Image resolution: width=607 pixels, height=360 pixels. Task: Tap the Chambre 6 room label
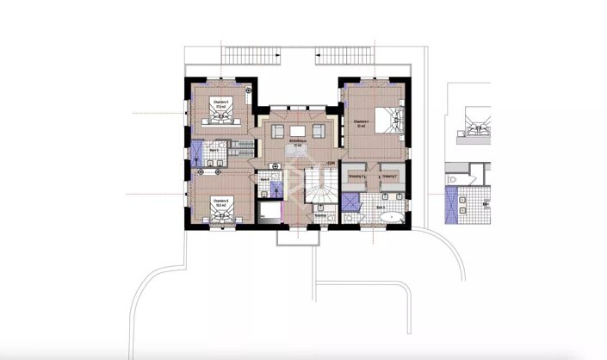click(x=220, y=202)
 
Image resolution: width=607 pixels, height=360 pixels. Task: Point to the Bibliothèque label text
click(x=297, y=141)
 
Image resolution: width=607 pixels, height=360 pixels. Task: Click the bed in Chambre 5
click(x=222, y=116)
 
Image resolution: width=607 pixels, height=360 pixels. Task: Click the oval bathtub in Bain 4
click(x=392, y=217)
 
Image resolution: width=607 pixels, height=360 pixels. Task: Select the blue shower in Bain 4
click(x=350, y=200)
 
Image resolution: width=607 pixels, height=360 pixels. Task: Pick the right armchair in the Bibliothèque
click(x=318, y=131)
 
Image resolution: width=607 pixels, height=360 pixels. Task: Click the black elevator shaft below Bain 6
click(x=270, y=212)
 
